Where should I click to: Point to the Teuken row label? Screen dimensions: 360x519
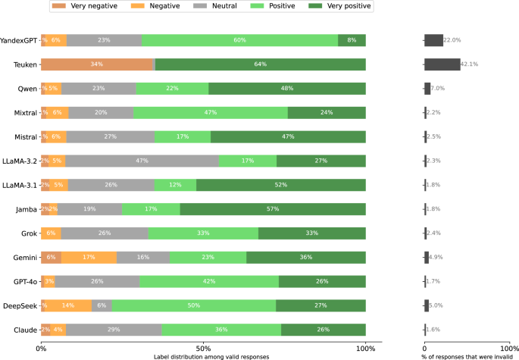coord(25,64)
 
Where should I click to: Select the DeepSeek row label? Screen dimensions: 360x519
coord(21,305)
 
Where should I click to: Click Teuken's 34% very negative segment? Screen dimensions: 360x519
coord(97,64)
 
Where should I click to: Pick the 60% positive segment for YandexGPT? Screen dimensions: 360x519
coord(239,40)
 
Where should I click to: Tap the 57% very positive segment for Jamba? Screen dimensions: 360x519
coord(273,209)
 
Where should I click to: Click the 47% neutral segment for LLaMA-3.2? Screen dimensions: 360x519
coord(142,161)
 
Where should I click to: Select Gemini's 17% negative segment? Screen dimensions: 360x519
coord(89,257)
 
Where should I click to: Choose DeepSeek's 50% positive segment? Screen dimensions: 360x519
coord(194,305)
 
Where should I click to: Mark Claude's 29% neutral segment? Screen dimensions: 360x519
coord(114,330)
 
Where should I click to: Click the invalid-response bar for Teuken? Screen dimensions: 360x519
coord(442,64)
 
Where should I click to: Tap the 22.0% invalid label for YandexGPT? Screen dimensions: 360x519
coord(452,40)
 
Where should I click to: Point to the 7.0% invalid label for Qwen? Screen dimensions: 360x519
coord(437,89)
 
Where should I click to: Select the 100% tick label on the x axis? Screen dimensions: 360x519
coord(366,348)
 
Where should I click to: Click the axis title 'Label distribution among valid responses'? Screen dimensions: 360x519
coord(203,356)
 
